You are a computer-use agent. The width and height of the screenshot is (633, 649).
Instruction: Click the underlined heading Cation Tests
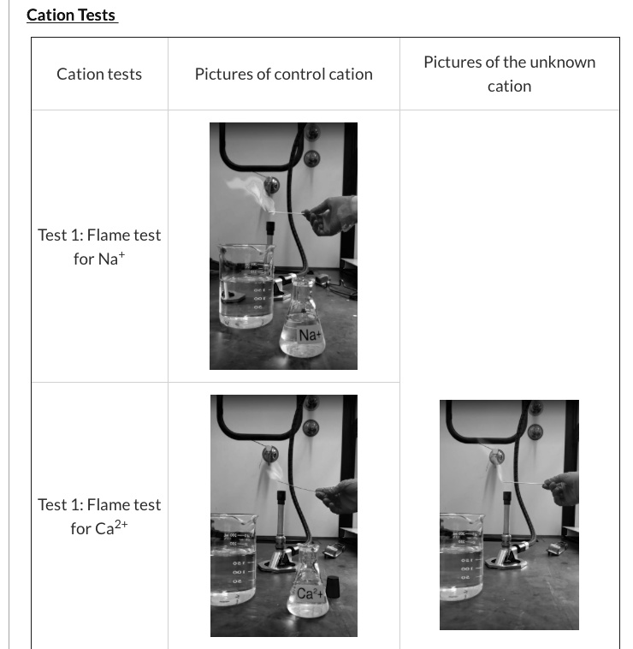click(x=71, y=15)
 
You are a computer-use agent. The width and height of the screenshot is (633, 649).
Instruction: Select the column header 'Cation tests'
click(x=99, y=74)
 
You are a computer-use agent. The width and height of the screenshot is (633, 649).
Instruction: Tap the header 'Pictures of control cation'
click(x=283, y=74)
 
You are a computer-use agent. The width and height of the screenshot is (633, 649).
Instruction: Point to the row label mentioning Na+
click(x=99, y=247)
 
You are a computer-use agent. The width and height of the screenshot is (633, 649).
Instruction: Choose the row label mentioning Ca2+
click(x=99, y=516)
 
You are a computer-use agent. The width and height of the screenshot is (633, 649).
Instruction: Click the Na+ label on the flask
click(x=309, y=335)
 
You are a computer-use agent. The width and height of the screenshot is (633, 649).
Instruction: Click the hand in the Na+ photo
click(x=334, y=214)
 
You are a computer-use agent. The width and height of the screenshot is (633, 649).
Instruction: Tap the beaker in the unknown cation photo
click(x=461, y=557)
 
